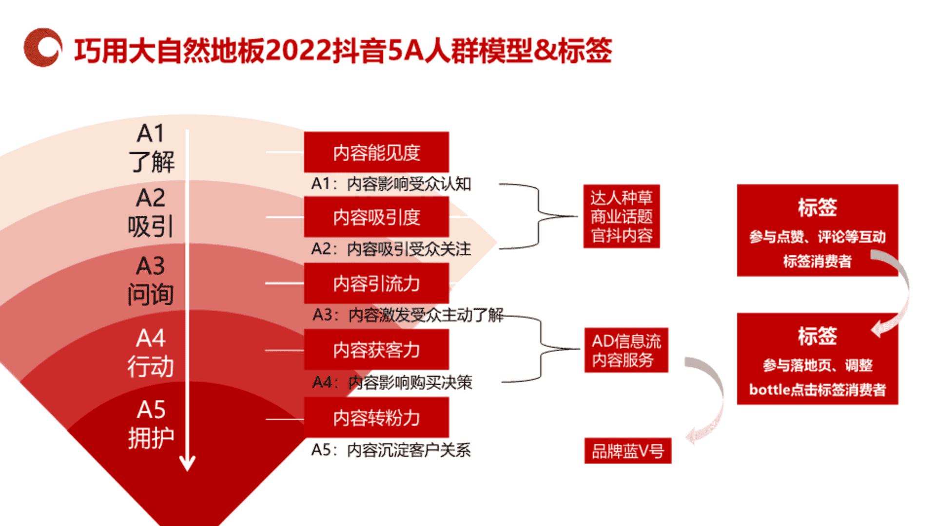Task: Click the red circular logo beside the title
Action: coord(43,47)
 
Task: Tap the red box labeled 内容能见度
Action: coord(376,152)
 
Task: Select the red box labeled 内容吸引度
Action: coord(376,217)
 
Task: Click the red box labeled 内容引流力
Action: coord(376,283)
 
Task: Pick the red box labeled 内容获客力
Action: coord(376,349)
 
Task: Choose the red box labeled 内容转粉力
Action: coord(376,417)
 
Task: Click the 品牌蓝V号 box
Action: coord(628,451)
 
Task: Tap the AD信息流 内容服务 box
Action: coord(626,350)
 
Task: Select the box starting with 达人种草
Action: coord(622,216)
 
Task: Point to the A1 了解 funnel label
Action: coord(151,148)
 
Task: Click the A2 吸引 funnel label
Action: coord(151,212)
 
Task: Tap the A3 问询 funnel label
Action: coord(151,280)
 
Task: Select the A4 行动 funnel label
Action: coord(151,353)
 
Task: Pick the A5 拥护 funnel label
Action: coord(151,424)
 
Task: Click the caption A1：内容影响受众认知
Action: coord(391,184)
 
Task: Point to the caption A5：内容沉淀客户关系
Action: coord(391,450)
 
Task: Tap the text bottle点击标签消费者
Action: coord(818,389)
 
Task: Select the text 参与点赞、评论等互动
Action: coord(818,237)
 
